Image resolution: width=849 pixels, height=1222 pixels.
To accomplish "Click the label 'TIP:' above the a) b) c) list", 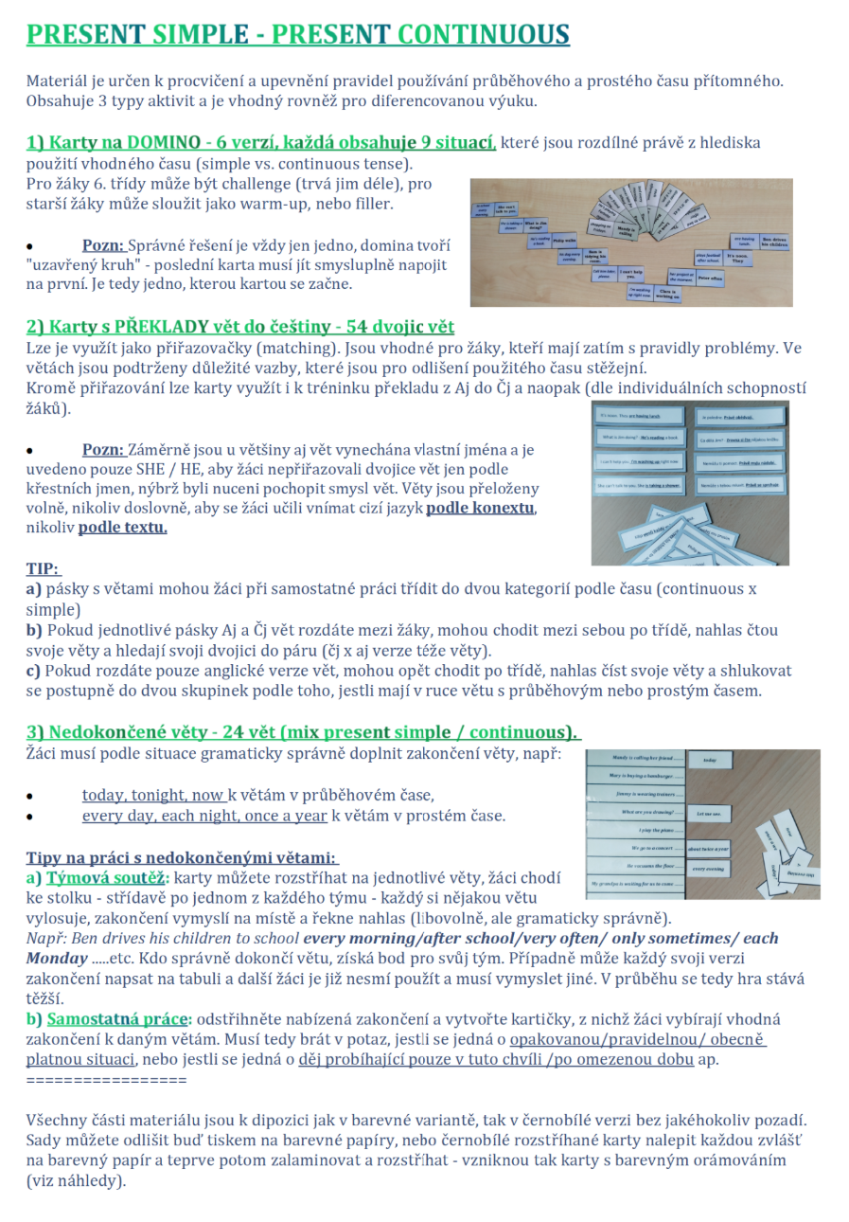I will pos(43,569).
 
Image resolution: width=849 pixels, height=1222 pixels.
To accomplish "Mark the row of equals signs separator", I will pos(106,1080).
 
